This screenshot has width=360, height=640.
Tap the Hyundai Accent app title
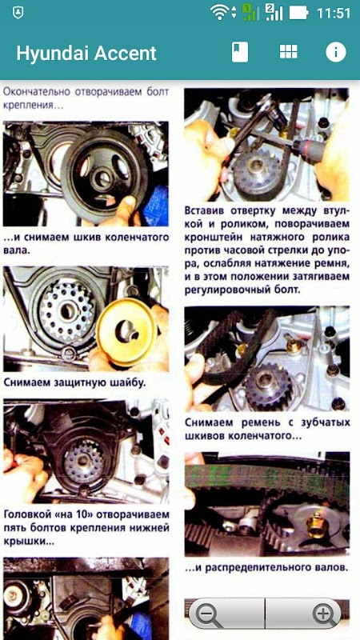click(86, 54)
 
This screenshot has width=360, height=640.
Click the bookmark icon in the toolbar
click(239, 52)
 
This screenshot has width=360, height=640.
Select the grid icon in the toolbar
click(288, 52)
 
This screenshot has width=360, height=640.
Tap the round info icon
click(335, 52)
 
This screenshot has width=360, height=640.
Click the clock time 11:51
click(334, 13)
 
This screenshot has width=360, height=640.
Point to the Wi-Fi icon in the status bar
click(219, 12)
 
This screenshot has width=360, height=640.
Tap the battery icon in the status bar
click(299, 13)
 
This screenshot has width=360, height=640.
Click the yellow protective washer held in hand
click(126, 332)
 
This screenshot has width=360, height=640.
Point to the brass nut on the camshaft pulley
click(315, 524)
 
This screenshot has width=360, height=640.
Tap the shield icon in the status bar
click(18, 13)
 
